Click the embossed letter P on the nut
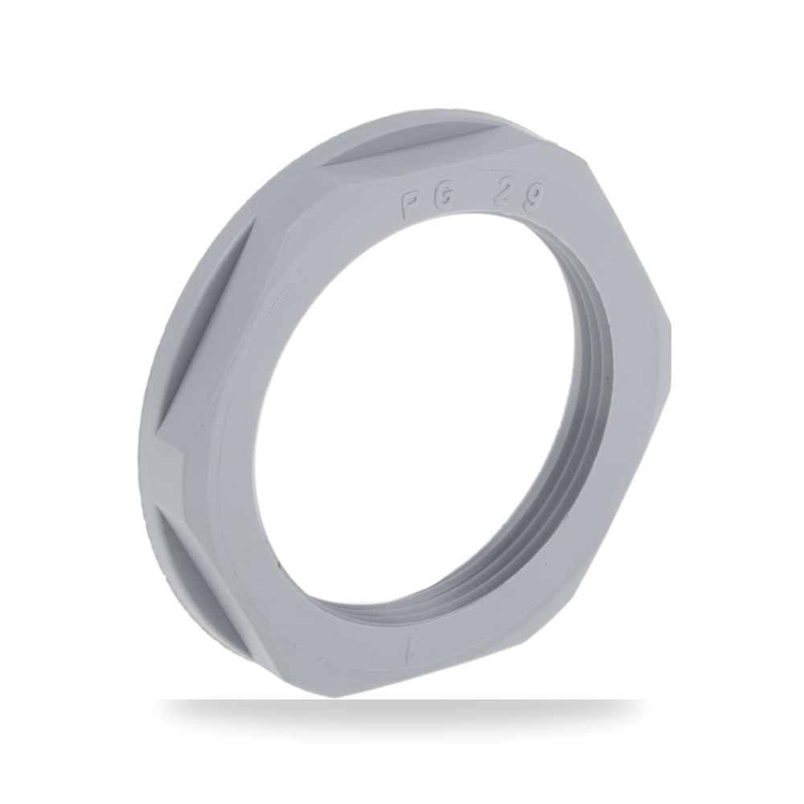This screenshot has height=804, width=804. click(409, 206)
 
